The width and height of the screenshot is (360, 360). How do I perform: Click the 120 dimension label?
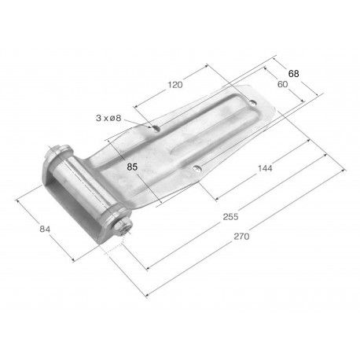tap(175, 85)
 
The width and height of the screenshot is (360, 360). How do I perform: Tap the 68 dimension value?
tap(293, 74)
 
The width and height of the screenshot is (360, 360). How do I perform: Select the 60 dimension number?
tap(282, 84)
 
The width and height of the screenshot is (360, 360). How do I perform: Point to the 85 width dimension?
tap(132, 167)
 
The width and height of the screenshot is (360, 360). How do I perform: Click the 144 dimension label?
tap(265, 168)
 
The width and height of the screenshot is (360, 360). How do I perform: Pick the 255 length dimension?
tap(230, 217)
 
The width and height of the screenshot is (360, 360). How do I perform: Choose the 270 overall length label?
tap(241, 237)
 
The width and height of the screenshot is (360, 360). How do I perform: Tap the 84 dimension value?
tap(45, 229)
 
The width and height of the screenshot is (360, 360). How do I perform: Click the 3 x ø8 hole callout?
tap(108, 118)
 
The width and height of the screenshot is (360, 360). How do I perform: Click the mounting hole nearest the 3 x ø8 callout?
tap(156, 128)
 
